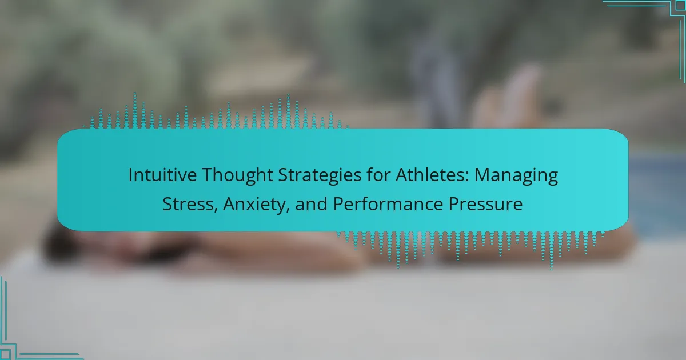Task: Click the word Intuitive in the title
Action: click(x=162, y=175)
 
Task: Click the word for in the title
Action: click(x=378, y=175)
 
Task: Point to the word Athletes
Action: click(x=430, y=175)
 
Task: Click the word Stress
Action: click(x=188, y=204)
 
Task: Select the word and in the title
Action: click(x=311, y=203)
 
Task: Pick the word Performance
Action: click(x=388, y=203)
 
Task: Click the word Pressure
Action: click(x=485, y=204)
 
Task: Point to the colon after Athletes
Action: click(x=467, y=177)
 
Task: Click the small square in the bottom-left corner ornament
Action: click(x=5, y=354)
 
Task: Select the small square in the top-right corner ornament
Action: click(x=681, y=5)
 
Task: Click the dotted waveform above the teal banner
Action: click(x=216, y=111)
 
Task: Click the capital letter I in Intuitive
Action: click(x=130, y=175)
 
